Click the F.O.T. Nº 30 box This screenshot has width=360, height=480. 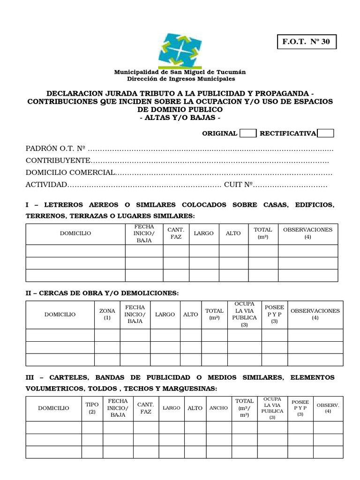(306, 42)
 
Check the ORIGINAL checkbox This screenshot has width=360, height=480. (247, 133)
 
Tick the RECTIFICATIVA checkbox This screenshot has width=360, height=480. (325, 133)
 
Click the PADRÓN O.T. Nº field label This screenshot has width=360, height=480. (55, 149)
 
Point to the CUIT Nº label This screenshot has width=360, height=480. (239, 185)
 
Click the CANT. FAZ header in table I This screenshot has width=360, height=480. (176, 233)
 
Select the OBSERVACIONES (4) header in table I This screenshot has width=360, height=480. (307, 233)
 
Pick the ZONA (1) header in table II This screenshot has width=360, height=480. (107, 315)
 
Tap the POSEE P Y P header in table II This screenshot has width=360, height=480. (274, 315)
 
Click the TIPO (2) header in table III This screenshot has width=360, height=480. (92, 408)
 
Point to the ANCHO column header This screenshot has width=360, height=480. (218, 408)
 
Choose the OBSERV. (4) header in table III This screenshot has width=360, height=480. (328, 408)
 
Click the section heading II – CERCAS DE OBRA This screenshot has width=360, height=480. (102, 293)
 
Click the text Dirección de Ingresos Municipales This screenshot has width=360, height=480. (180, 80)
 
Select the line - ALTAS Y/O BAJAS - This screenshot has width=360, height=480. (180, 117)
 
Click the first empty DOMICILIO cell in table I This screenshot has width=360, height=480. (75, 251)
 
